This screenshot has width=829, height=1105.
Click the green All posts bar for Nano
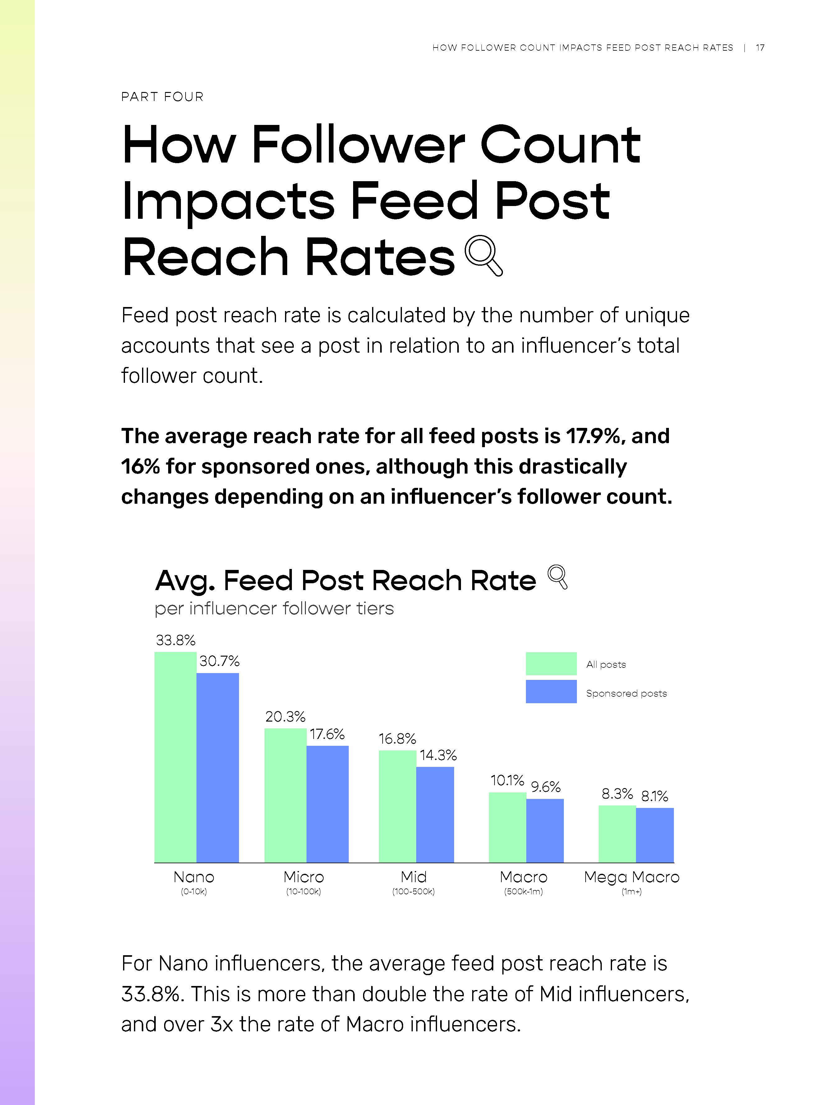(175, 757)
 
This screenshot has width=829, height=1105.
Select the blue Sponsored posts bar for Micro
(327, 804)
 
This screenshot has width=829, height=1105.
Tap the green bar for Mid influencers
(397, 806)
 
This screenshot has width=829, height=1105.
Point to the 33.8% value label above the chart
(175, 640)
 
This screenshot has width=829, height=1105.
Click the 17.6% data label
(327, 734)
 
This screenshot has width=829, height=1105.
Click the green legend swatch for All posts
(551, 663)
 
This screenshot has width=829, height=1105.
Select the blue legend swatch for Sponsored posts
(551, 691)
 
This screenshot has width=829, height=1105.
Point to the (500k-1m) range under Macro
(523, 891)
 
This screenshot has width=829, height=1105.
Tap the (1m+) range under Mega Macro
(631, 891)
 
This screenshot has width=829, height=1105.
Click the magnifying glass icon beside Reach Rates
(483, 255)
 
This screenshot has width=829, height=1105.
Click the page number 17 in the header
(760, 48)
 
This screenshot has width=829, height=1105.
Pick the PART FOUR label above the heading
(162, 97)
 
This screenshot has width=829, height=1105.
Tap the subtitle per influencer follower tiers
(274, 608)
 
